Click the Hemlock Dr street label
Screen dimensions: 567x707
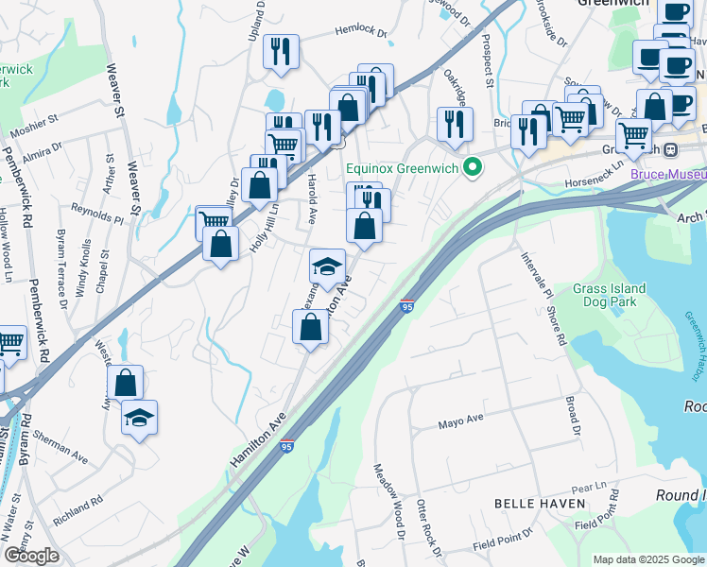tap(362, 32)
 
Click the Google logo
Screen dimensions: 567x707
tap(31, 557)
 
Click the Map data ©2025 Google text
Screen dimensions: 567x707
tap(647, 559)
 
